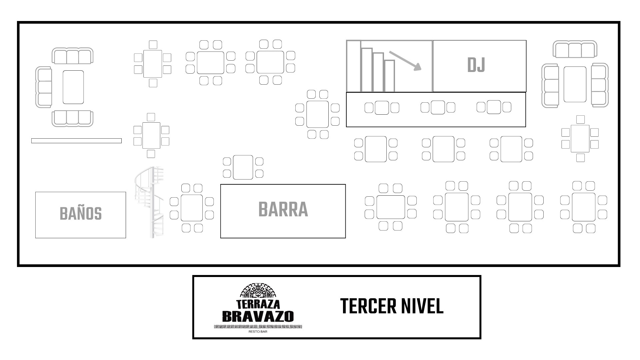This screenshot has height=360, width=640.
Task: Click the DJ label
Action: point(476,65)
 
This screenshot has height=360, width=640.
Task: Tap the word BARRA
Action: point(283,210)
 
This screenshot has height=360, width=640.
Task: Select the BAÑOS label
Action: point(81,214)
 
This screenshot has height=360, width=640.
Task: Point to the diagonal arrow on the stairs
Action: point(405,61)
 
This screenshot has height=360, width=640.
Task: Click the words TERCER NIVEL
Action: point(392,306)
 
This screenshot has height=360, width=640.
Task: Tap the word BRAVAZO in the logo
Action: point(258,316)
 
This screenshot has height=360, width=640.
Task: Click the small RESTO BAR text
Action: point(258,332)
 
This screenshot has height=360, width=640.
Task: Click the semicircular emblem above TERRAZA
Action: point(258,291)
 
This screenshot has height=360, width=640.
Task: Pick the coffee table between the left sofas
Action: point(73,87)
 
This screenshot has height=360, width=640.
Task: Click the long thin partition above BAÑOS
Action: point(76,141)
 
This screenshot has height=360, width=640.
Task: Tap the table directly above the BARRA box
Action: point(243,167)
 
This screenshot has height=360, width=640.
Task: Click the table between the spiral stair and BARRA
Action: point(192,208)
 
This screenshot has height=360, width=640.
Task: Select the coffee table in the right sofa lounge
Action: point(575,84)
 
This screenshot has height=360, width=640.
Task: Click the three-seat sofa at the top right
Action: point(575,49)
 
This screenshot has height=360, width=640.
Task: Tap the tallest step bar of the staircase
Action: point(354,66)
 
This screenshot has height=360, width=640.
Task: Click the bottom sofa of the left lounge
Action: point(72,118)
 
